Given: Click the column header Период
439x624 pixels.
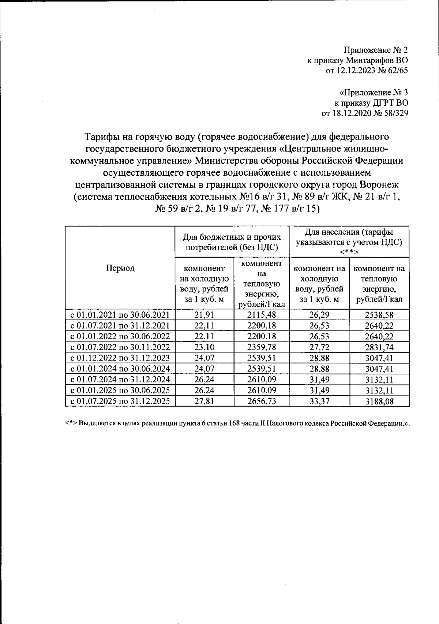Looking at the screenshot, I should coord(120,268).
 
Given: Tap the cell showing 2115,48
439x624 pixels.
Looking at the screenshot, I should coord(262,314).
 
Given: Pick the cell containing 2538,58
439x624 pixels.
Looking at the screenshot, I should coord(379,314).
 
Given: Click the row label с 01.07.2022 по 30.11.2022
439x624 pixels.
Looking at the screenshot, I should coord(120,347).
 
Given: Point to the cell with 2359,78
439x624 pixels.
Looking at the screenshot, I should coord(262,347).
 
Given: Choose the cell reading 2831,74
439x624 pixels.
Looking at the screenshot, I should coord(379,347).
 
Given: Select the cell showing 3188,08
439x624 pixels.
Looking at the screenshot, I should coord(379,401).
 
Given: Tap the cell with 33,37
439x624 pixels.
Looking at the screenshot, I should coord(319,401).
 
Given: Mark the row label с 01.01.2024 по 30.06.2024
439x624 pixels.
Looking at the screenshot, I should coord(120,369).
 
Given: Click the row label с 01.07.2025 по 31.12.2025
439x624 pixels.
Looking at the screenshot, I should coord(120,401).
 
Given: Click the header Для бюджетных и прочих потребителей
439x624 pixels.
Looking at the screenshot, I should coord(232,242).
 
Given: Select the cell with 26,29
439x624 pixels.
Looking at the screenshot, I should coord(319,314).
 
